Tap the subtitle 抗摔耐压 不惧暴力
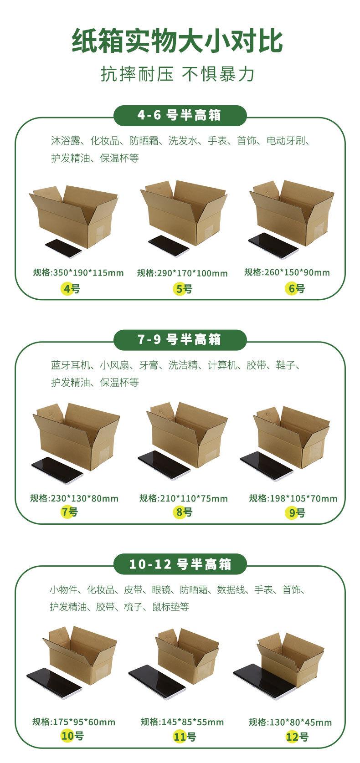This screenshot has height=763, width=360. pyautogui.click(x=178, y=74)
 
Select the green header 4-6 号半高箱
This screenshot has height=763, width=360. pyautogui.click(x=180, y=115)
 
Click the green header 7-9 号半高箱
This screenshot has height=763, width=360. pyautogui.click(x=180, y=339)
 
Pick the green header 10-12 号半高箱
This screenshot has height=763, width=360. pyautogui.click(x=180, y=564)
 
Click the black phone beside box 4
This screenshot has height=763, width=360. pyautogui.click(x=63, y=247)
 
